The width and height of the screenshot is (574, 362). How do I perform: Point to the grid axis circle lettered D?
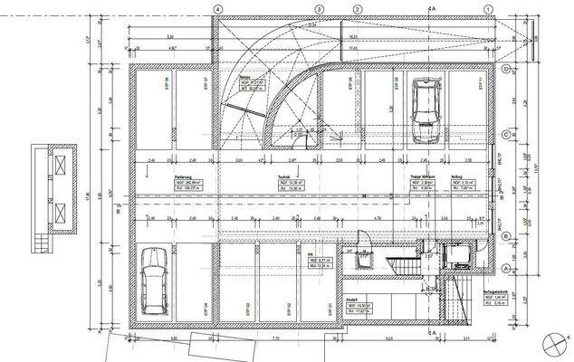pos(507,70)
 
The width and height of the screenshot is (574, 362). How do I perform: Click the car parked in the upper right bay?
pos(425,110)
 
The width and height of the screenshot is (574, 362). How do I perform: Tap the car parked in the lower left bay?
pos(154,278)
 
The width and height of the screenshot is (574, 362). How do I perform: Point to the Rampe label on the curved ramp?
pos(244,78)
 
